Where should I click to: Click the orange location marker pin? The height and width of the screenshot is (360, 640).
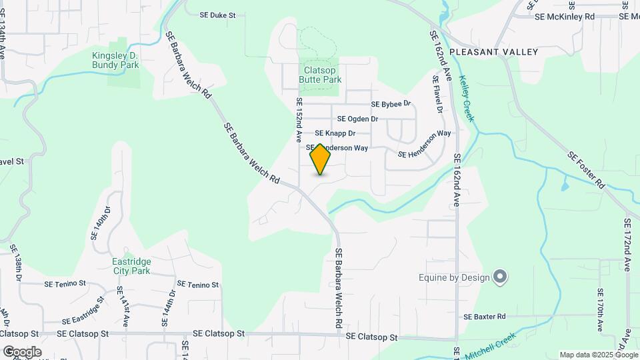pos(321,159)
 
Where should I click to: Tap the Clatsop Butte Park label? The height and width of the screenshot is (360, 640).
pos(323,74)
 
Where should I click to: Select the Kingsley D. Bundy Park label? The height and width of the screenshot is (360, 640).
pos(116,60)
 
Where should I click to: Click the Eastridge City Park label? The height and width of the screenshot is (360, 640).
pos(131,266)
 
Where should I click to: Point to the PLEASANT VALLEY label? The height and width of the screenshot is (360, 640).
pos(493,51)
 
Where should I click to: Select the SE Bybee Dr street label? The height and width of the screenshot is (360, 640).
pos(391,104)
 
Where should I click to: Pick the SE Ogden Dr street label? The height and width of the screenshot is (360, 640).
pos(358,119)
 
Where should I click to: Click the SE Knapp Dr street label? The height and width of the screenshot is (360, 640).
pos(335,133)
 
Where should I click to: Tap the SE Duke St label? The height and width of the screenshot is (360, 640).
pos(219,14)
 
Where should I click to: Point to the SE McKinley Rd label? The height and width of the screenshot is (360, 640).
pos(564,16)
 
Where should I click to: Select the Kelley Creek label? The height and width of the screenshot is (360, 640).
pos(467,99)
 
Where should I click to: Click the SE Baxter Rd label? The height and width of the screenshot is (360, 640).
pos(485,316)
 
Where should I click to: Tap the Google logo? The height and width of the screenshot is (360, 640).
pos(22,351)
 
